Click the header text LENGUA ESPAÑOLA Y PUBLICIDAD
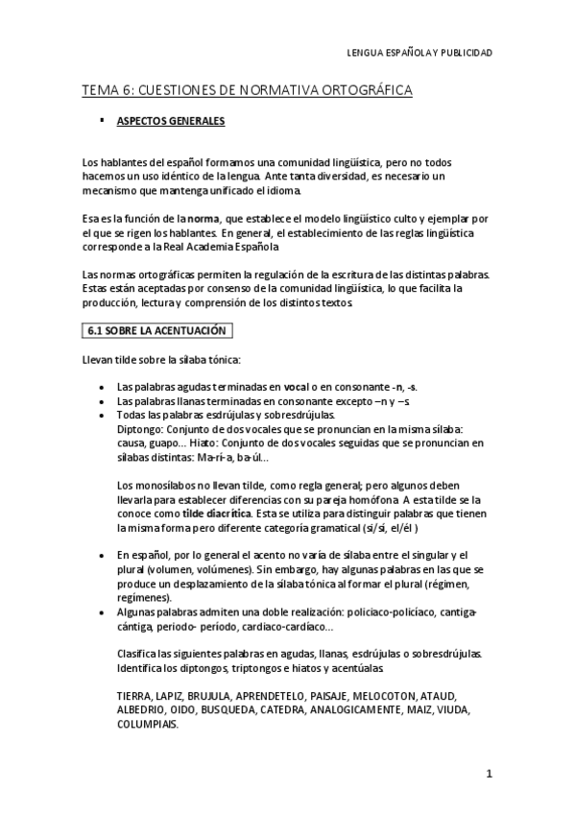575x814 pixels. tap(419, 53)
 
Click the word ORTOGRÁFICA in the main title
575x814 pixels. tap(359, 90)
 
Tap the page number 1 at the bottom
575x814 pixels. tap(489, 773)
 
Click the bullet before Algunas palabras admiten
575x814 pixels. tap(103, 611)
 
